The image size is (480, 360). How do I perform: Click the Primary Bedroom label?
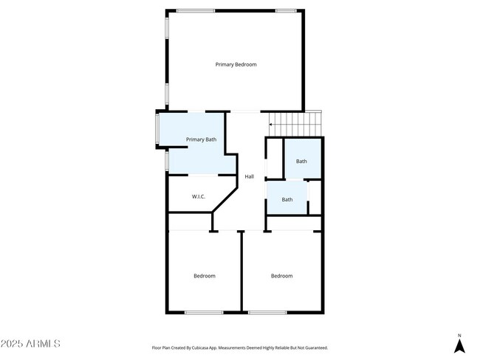[236, 65]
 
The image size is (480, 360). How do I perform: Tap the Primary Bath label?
[201, 139]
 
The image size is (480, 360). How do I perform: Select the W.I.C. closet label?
[198, 196]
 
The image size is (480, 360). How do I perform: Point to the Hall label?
[250, 177]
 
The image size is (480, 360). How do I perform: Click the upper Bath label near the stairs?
[301, 162]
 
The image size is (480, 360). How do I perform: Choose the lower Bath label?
[287, 199]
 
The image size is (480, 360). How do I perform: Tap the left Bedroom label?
[205, 276]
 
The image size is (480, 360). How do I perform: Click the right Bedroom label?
[281, 276]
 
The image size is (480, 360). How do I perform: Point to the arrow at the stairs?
[272, 125]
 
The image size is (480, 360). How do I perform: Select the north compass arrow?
[459, 345]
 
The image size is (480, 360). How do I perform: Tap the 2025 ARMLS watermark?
[30, 344]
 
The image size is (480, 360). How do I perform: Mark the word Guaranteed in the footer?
[315, 347]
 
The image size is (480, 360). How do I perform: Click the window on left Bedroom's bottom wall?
[204, 313]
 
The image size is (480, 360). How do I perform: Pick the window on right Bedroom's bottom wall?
[267, 313]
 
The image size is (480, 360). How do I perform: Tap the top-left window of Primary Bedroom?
[196, 10]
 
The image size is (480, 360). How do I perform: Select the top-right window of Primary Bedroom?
[286, 10]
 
